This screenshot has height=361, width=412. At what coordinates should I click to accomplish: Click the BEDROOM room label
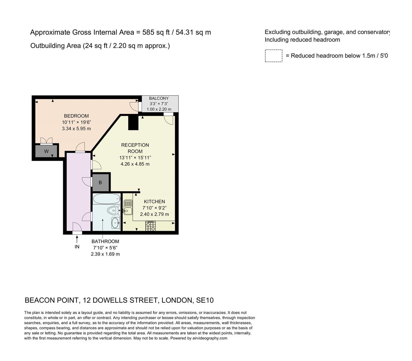pos(76,116)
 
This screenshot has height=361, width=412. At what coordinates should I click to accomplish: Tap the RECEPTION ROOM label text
pos(135,148)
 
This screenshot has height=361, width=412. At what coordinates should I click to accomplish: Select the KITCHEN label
pos(154,202)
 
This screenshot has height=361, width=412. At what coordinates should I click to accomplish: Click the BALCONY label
pos(159,98)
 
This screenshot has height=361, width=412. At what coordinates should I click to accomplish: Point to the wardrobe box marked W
pos(46,151)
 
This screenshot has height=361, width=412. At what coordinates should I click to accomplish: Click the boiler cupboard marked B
pos(100,183)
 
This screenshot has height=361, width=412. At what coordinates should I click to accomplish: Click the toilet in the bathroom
pos(113,211)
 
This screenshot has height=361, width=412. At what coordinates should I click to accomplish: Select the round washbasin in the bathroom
pos(115,222)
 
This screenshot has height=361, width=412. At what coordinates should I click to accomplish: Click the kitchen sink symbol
pos(128,207)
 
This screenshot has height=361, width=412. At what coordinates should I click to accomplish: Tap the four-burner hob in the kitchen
pos(150,226)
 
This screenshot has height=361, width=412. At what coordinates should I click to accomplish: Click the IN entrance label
pos(77,247)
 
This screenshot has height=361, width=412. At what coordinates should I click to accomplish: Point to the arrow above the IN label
pos(77,239)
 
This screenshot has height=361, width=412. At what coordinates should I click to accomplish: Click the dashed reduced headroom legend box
pos(273,56)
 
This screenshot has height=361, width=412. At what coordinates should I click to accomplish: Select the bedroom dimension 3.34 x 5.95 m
pos(76,128)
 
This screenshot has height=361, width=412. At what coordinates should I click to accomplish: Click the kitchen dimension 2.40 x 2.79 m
pos(154,214)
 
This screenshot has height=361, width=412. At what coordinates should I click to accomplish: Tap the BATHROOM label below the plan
pos(105,241)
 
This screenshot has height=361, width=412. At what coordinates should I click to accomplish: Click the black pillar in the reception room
pos(133,122)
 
